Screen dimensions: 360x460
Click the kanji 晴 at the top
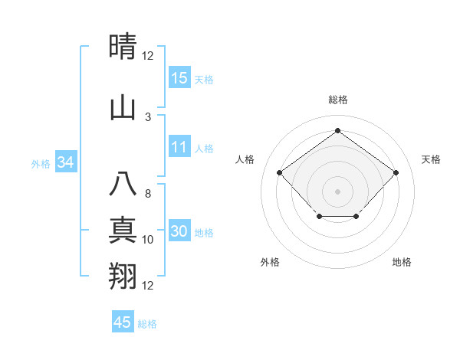(123, 48)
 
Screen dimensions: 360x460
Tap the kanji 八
(123, 185)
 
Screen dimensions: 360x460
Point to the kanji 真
(123, 231)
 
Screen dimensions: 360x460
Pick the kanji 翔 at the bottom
(123, 275)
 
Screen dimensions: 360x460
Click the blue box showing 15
(179, 78)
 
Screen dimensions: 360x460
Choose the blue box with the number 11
(179, 148)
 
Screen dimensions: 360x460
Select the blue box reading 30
(179, 232)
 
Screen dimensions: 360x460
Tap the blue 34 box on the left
(66, 162)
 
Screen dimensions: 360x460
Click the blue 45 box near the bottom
(123, 322)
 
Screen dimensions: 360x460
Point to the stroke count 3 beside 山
(148, 116)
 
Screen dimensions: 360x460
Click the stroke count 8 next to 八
(148, 195)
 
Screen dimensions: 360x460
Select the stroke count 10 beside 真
(148, 240)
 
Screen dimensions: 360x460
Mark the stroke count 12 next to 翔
(148, 286)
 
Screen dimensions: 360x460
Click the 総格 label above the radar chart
(337, 100)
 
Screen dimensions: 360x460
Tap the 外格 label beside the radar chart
(270, 262)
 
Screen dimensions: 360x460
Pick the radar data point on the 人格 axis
(279, 173)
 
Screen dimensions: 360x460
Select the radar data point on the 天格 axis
(396, 173)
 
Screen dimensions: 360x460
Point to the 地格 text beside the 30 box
(205, 233)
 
